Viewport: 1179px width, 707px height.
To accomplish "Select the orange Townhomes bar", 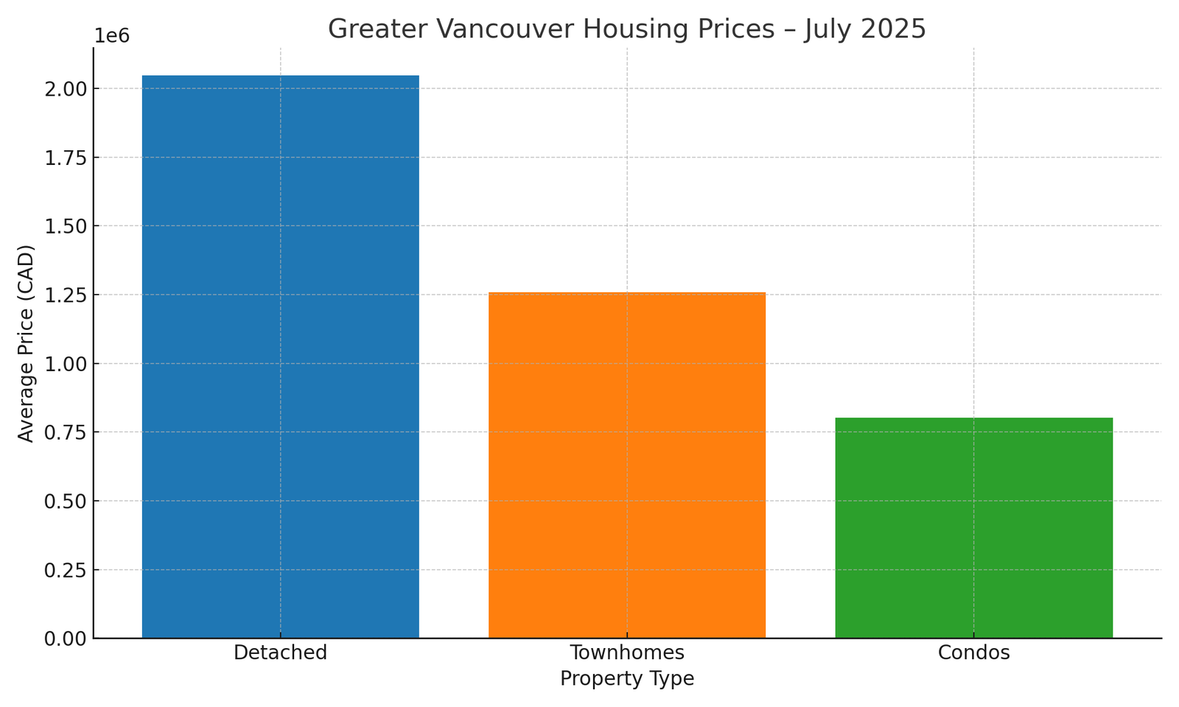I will point(627,465).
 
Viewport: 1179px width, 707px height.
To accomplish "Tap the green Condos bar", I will point(973,527).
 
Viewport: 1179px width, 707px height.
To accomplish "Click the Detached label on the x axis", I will point(280,653).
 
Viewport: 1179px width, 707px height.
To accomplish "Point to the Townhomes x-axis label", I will point(627,653).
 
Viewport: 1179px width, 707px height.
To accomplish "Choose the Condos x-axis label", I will point(973,653).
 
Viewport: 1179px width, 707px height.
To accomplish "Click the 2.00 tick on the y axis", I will point(66,89).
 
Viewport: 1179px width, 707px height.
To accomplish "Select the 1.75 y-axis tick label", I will point(66,158).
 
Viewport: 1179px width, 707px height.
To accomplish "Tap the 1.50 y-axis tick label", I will point(66,226).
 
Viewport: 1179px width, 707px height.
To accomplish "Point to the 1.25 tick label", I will point(66,295).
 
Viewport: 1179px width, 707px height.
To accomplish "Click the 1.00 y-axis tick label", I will point(66,364).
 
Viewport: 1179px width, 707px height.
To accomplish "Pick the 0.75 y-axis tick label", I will point(66,432).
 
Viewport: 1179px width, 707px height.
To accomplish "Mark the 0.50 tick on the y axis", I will point(66,502).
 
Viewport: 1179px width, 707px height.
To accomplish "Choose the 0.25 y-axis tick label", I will point(66,570).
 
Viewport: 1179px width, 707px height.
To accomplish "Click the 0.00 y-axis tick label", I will point(66,639).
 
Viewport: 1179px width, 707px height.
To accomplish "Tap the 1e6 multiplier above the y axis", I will point(112,36).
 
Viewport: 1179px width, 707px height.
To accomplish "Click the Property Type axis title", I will point(627,678).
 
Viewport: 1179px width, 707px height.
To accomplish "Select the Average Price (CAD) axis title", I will point(27,343).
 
